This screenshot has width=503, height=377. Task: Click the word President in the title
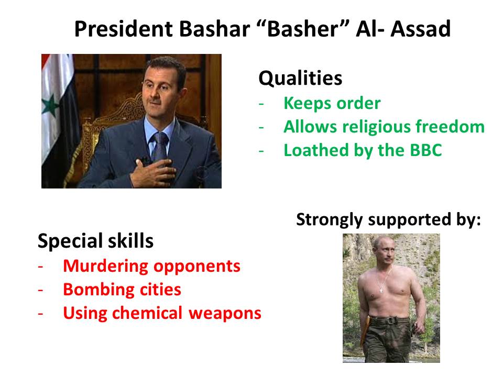124,29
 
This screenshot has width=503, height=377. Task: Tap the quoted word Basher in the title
303,29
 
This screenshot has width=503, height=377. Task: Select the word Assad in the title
420,29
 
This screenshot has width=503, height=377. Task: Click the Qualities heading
300,78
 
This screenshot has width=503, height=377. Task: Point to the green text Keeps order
332,103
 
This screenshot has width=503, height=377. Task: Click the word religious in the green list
377,127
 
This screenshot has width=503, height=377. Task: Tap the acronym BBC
426,150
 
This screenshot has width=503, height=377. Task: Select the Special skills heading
95,241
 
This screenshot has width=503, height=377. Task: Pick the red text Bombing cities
122,290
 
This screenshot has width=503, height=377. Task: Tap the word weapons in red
225,314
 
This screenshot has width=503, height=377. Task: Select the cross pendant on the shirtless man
381,290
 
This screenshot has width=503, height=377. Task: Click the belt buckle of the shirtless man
390,320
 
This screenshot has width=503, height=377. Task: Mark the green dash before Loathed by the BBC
261,151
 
